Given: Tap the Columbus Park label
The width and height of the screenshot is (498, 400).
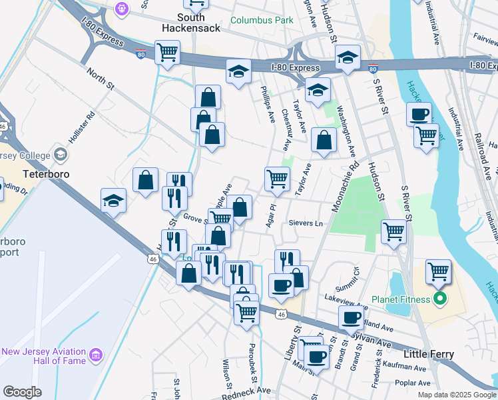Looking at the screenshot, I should [262, 20].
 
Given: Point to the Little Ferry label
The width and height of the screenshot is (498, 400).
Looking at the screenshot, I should [429, 354].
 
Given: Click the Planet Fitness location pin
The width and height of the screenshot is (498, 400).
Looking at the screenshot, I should [439, 299].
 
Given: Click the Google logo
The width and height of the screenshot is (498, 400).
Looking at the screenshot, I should [22, 392].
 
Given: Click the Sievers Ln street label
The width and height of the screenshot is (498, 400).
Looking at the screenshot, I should [305, 223].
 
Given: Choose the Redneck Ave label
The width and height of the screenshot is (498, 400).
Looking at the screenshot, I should [246, 391].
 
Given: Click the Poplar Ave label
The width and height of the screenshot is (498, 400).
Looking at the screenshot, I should [412, 383].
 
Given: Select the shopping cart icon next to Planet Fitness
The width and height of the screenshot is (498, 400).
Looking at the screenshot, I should [438, 272].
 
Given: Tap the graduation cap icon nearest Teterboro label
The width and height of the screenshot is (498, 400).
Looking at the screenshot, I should [114, 201].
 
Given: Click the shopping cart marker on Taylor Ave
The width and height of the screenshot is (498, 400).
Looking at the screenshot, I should [277, 179].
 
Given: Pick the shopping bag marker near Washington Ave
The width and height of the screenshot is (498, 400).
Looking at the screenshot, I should [324, 141].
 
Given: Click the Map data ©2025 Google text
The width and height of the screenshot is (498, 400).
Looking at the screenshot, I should [457, 395].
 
